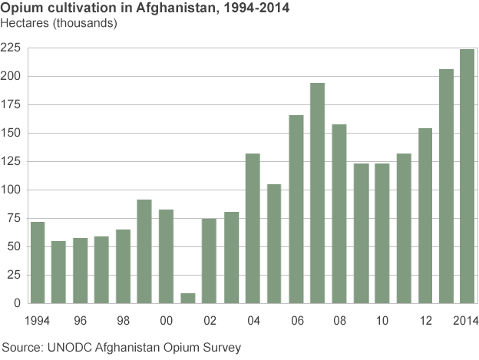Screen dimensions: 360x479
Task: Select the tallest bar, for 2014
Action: tap(467, 176)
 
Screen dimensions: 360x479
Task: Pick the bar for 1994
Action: tap(37, 262)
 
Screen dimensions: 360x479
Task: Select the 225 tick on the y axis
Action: tap(10, 48)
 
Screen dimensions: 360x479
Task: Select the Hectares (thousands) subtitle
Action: tap(59, 23)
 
